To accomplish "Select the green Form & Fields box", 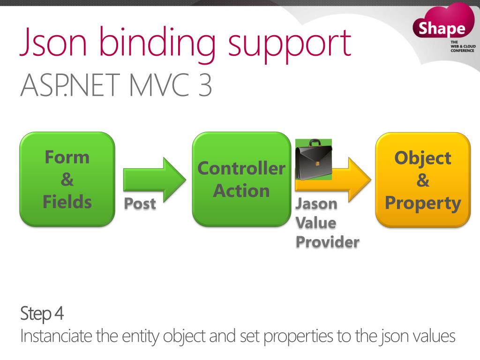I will pos(67,179).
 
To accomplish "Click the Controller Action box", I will pos(241,179).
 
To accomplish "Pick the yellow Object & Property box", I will pos(423,180).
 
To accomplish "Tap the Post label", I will pos(140,204).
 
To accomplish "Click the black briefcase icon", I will pos(313,159).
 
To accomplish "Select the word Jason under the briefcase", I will pos(316,204).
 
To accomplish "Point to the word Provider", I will pos(327,242).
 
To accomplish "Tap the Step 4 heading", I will pos(43,313).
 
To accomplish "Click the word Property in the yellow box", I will pos(423,203).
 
